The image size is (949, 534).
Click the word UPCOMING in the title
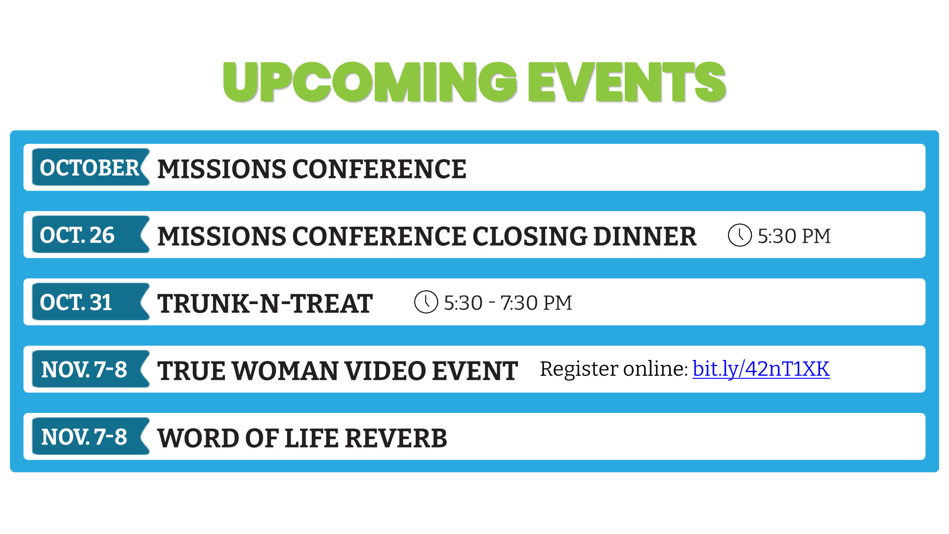[370, 82]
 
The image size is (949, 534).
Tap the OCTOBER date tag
[90, 168]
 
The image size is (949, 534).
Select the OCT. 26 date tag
[90, 235]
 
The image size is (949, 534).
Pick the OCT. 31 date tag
[90, 302]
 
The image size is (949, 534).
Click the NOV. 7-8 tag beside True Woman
[90, 369]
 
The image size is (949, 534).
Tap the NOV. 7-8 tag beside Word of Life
[90, 437]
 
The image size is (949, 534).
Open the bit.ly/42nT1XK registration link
[761, 369]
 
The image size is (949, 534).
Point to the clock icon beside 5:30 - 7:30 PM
[426, 302]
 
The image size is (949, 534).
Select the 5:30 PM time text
[794, 236]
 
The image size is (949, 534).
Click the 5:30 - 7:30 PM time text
[508, 303]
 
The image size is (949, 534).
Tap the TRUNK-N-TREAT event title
[265, 304]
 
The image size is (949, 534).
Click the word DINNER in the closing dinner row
[645, 236]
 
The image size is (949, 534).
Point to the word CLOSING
[529, 236]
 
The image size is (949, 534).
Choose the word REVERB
[396, 438]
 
